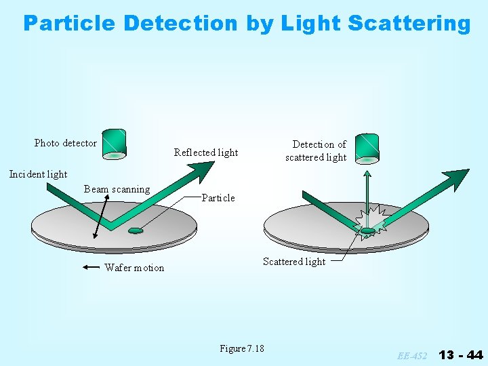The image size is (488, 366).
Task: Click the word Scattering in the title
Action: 409,24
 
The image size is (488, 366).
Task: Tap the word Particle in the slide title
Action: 70,24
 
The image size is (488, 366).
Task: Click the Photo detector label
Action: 66,143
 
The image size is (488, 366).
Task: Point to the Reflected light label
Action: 206,152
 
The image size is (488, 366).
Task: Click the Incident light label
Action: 38,174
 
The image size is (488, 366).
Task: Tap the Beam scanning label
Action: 117,189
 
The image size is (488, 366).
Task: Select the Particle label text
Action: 218,198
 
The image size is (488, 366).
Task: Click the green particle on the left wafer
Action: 136,230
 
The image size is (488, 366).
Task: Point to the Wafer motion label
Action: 134,268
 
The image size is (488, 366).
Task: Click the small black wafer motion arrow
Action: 90,268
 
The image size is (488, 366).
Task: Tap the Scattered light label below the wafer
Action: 294,262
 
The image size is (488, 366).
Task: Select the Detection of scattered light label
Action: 316,150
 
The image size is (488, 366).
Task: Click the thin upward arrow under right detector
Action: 367,197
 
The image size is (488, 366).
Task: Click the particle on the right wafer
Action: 367,231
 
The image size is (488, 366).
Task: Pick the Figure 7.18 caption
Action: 242,348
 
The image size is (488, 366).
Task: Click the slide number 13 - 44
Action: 461,354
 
